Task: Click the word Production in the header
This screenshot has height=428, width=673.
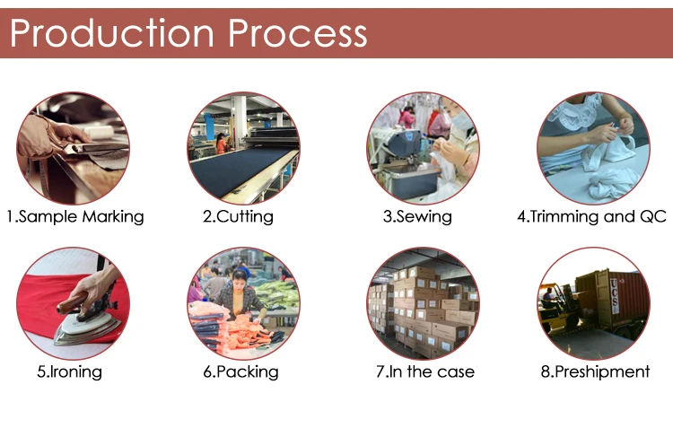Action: point(111,33)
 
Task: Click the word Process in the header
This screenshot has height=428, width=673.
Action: point(297,33)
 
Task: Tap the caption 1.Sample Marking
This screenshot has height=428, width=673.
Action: point(75,216)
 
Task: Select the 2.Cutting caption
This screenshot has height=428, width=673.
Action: point(238,216)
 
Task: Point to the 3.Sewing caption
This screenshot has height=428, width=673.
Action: point(417,216)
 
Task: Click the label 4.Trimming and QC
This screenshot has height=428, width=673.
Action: point(592,216)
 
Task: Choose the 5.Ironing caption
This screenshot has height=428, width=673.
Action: point(69,371)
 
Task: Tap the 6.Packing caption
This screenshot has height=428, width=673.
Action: point(240,371)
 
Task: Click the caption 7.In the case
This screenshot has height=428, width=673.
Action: point(425,371)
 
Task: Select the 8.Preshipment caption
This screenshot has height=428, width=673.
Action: point(595,371)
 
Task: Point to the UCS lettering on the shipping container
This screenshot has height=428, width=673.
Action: point(614,296)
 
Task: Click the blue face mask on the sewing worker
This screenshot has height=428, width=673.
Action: point(462,120)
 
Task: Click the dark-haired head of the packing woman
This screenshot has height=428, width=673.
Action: point(240,277)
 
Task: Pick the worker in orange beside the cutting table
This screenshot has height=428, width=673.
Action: point(222,144)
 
